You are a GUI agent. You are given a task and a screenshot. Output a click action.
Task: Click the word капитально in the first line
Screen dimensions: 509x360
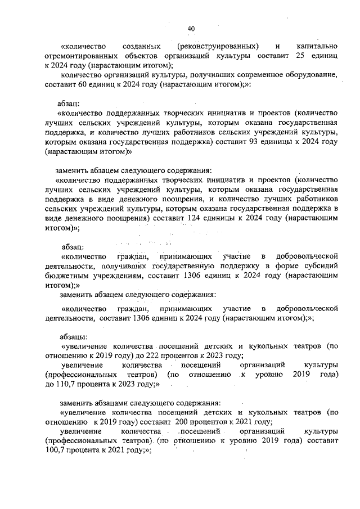pos(316,45)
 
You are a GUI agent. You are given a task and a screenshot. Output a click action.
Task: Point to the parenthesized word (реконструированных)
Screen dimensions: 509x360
pos(218,45)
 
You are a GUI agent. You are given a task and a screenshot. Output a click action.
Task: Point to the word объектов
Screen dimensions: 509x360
pos(146,56)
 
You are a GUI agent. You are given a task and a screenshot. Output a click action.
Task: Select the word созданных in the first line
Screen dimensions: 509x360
pos(139,45)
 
